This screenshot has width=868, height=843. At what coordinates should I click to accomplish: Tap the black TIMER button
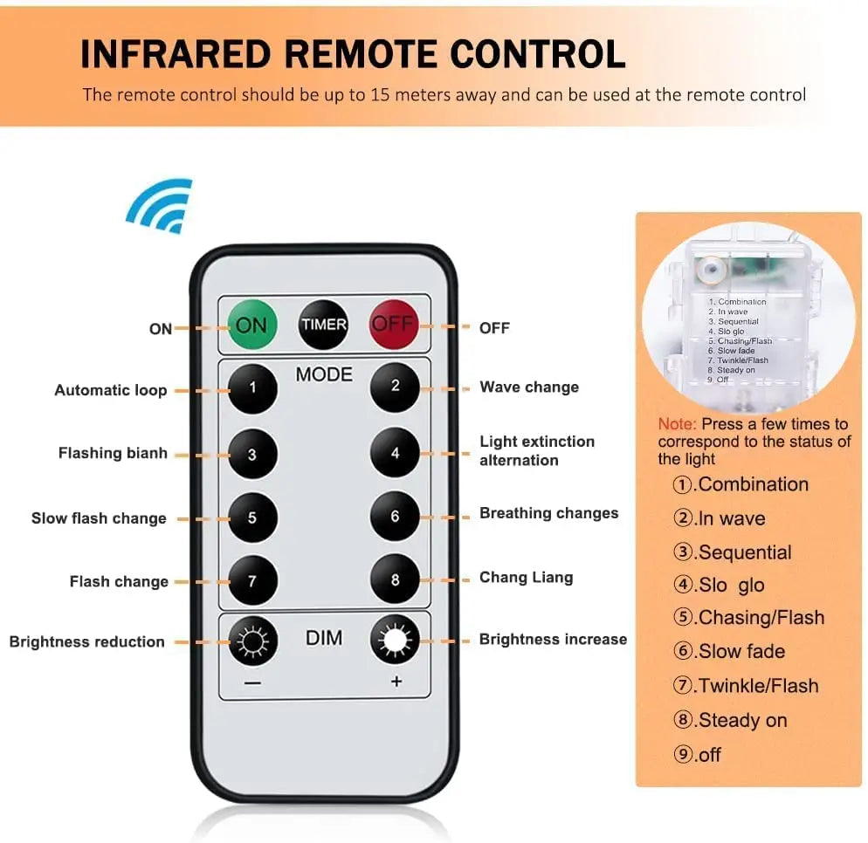click(x=324, y=325)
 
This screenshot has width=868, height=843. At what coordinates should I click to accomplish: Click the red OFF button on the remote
click(x=394, y=324)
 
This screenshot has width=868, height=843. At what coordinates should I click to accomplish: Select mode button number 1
click(x=252, y=388)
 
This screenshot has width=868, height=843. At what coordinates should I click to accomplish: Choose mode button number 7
click(x=252, y=581)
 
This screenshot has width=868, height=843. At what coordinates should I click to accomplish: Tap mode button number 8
click(x=395, y=579)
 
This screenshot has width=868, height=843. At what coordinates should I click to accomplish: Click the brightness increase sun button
click(x=395, y=640)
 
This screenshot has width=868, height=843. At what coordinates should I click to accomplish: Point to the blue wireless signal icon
click(x=161, y=206)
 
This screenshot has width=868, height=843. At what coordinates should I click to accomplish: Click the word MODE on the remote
click(x=324, y=374)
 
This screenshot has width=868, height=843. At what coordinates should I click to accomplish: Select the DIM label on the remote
click(x=324, y=638)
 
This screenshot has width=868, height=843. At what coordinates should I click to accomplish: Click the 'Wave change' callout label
click(x=529, y=387)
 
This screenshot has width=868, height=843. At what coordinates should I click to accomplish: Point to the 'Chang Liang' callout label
click(x=526, y=578)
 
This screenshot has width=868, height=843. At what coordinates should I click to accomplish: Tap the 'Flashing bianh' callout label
click(x=113, y=453)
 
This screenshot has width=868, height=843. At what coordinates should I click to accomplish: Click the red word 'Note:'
click(x=677, y=424)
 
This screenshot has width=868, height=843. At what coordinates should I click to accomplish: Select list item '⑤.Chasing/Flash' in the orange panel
click(x=748, y=617)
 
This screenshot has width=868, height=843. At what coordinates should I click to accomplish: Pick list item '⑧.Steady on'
click(x=730, y=720)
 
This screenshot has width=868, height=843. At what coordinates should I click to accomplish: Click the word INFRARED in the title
click(x=176, y=54)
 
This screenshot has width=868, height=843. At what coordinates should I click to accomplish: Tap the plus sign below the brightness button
click(x=396, y=682)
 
